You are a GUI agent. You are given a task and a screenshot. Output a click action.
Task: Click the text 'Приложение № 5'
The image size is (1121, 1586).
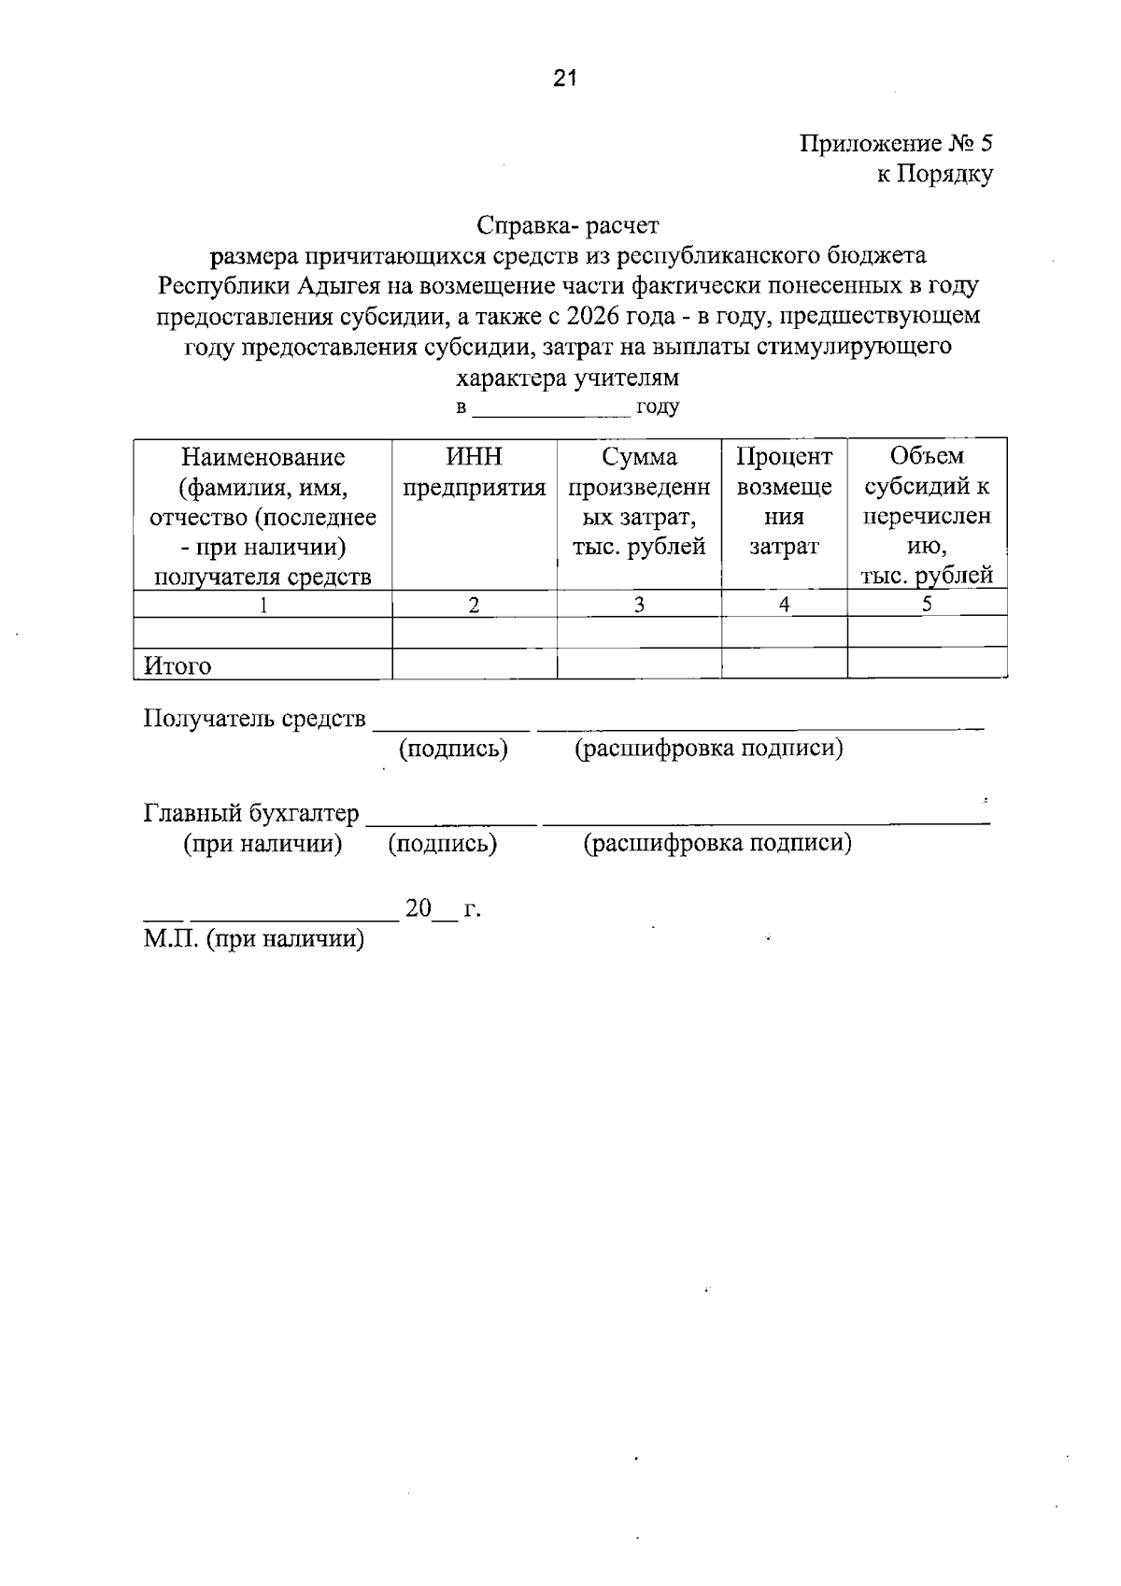coord(896,143)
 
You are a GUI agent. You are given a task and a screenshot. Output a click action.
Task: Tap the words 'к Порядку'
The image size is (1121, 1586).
coord(934,174)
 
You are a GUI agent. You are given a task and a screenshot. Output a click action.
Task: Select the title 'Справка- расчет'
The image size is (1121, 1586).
coord(567,225)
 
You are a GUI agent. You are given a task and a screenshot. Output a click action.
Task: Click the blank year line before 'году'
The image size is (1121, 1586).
coord(551,409)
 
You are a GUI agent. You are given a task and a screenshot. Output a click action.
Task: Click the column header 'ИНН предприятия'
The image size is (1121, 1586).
coord(474,472)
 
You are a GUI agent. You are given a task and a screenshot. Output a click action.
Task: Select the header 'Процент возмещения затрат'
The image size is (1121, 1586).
coord(784,501)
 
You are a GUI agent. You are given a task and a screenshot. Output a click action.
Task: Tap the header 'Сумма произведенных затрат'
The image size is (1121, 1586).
coord(639,501)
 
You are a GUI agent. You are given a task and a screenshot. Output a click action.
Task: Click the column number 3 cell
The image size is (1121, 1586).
coord(639,605)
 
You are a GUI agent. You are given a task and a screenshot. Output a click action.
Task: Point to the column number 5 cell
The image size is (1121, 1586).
coord(927,604)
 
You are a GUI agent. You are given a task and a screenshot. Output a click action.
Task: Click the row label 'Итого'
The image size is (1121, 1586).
coord(177,666)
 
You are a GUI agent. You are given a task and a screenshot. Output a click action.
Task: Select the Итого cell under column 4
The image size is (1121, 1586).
coord(784,664)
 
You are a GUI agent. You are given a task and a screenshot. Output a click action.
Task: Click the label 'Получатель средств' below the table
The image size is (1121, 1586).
coord(254,719)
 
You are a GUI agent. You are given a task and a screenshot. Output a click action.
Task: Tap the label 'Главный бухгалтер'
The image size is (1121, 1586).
coord(251,813)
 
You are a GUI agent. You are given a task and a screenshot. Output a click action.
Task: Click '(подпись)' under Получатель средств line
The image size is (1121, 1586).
coord(453,749)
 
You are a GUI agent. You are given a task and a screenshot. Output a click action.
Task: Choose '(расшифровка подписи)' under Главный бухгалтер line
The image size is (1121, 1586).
coord(717,843)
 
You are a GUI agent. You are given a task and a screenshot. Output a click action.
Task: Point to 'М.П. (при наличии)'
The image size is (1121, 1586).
coord(254,938)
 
